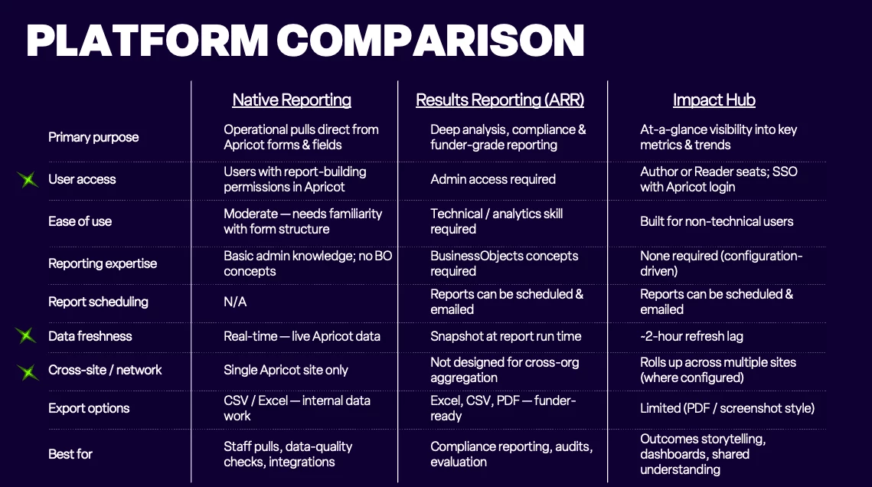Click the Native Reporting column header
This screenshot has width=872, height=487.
pyautogui.click(x=292, y=100)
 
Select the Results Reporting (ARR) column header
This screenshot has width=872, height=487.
pyautogui.click(x=500, y=100)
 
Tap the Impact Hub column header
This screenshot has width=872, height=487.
pyautogui.click(x=714, y=100)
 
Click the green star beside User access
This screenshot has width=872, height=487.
pyautogui.click(x=28, y=180)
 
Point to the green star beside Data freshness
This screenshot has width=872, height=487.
pyautogui.click(x=25, y=335)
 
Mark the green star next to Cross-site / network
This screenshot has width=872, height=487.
pyautogui.click(x=28, y=372)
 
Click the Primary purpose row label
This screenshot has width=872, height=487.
pyautogui.click(x=93, y=137)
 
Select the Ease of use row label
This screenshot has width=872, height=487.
pyautogui.click(x=80, y=221)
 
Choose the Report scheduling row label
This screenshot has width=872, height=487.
pyautogui.click(x=99, y=302)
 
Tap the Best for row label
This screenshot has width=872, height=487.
pyautogui.click(x=70, y=454)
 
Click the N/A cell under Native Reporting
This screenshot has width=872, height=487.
pyautogui.click(x=235, y=302)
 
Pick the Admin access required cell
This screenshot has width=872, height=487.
pyautogui.click(x=493, y=180)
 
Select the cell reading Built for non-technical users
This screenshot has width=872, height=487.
pyautogui.click(x=717, y=221)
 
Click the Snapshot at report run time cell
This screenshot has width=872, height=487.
pyautogui.click(x=505, y=336)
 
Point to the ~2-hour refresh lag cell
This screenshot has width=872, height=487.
pyautogui.click(x=691, y=336)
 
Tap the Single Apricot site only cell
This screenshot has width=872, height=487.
pyautogui.click(x=286, y=371)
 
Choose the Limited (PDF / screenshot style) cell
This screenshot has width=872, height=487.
pyautogui.click(x=727, y=409)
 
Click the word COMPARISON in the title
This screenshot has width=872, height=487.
pyautogui.click(x=430, y=41)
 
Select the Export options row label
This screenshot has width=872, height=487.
pyautogui.click(x=89, y=409)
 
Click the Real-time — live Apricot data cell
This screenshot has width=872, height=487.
pyautogui.click(x=302, y=336)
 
